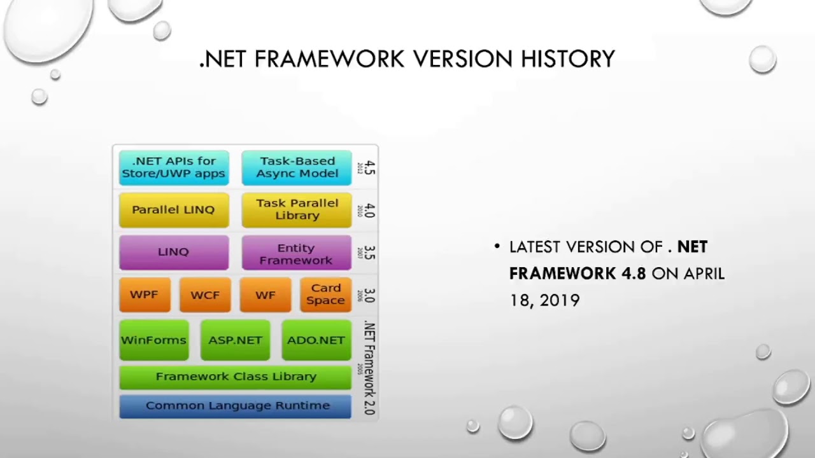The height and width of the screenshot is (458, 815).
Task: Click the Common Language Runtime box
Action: click(235, 406)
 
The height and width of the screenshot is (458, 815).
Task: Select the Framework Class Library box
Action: click(235, 377)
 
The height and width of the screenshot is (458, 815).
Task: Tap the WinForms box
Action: click(153, 340)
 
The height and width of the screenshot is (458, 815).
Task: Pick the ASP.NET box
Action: click(235, 340)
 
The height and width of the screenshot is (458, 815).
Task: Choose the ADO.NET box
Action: click(316, 340)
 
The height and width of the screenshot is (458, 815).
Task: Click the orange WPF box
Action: click(145, 295)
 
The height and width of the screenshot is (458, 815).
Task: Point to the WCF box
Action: click(205, 295)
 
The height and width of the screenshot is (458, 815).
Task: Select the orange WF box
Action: click(265, 295)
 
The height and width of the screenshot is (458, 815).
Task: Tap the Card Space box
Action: click(325, 295)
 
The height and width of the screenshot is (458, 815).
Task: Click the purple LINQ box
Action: click(173, 252)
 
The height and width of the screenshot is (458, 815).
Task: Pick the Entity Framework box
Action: click(296, 253)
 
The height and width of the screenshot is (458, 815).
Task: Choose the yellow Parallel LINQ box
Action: click(173, 210)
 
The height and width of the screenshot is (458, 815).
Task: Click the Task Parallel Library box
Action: click(297, 209)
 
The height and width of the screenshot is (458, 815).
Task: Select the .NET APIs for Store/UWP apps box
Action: click(173, 167)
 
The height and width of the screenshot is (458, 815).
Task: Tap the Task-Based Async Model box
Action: click(297, 167)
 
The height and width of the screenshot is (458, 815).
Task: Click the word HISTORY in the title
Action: click(568, 59)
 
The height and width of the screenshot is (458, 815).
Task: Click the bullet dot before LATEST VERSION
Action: click(497, 247)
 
